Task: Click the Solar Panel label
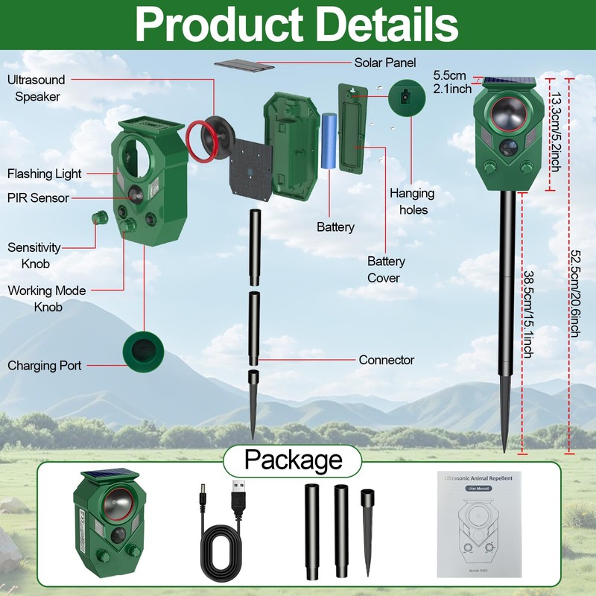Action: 384,63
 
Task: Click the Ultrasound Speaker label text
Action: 37,88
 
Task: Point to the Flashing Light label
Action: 45,174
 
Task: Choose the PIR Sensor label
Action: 38,198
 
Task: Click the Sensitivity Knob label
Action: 35,256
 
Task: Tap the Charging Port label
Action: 45,366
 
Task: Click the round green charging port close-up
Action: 142,351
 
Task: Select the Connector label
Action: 386,360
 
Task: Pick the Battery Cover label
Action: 386,270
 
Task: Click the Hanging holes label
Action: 413,201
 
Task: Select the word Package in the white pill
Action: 294,460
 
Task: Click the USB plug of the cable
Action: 238,500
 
